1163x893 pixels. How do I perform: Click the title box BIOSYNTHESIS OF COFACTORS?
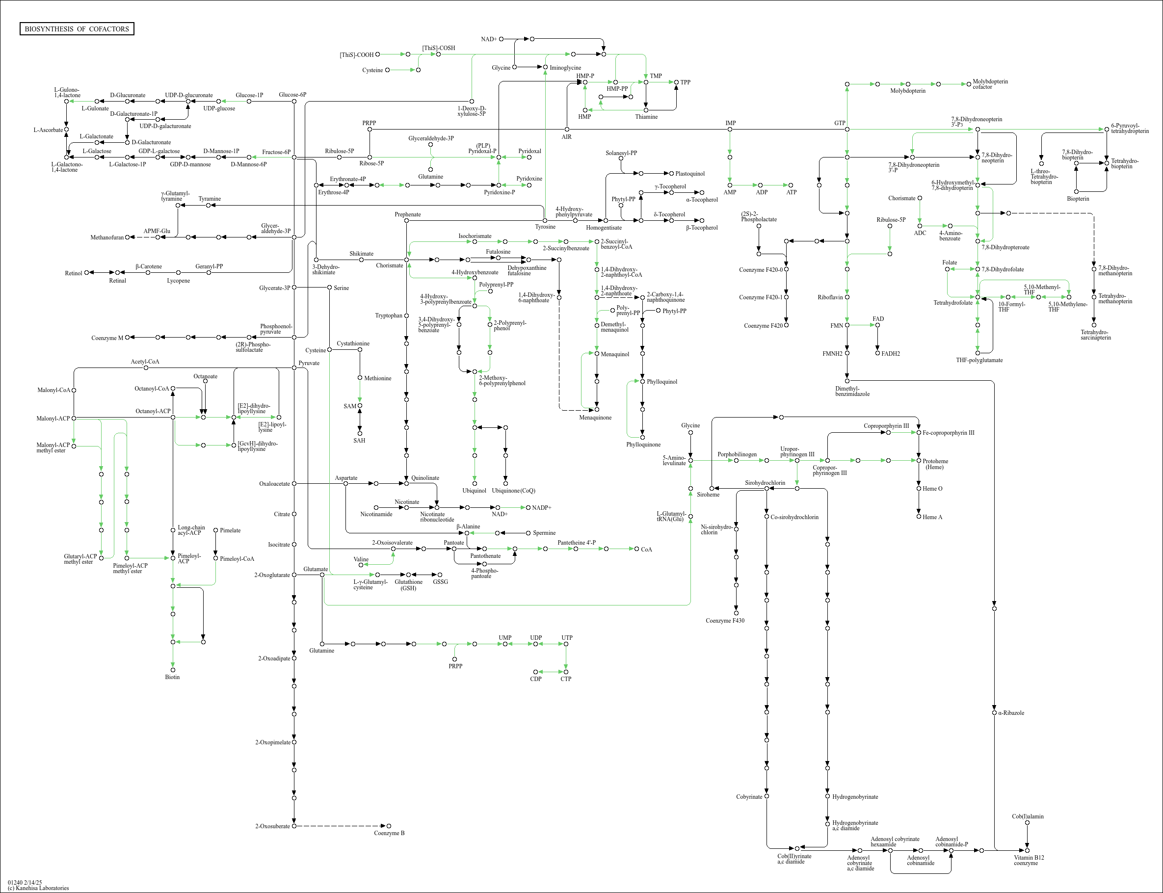[x=77, y=28]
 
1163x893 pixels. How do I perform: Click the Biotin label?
[x=172, y=677]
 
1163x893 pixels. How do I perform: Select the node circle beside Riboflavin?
[x=847, y=297]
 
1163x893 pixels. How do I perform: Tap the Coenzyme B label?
[x=389, y=833]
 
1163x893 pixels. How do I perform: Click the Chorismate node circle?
[x=407, y=260]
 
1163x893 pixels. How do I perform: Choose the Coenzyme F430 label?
[x=725, y=620]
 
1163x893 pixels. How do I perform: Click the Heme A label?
[x=932, y=517]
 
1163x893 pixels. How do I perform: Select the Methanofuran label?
[x=107, y=237]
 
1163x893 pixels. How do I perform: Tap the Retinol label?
[x=73, y=273]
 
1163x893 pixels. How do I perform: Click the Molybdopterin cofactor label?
[x=990, y=84]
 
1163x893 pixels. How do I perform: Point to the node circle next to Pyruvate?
[x=294, y=368]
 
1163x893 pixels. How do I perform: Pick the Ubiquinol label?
[x=474, y=491]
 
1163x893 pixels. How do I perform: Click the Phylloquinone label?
[x=643, y=445]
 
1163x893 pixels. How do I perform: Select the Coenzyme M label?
[x=107, y=338]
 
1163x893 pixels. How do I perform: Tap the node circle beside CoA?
[x=637, y=549]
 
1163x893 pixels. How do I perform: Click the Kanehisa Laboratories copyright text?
[x=38, y=888]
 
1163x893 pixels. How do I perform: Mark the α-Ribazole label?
[x=1011, y=713]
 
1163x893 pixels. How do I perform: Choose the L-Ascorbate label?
[x=48, y=130]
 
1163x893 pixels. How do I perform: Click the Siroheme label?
[x=708, y=495]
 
